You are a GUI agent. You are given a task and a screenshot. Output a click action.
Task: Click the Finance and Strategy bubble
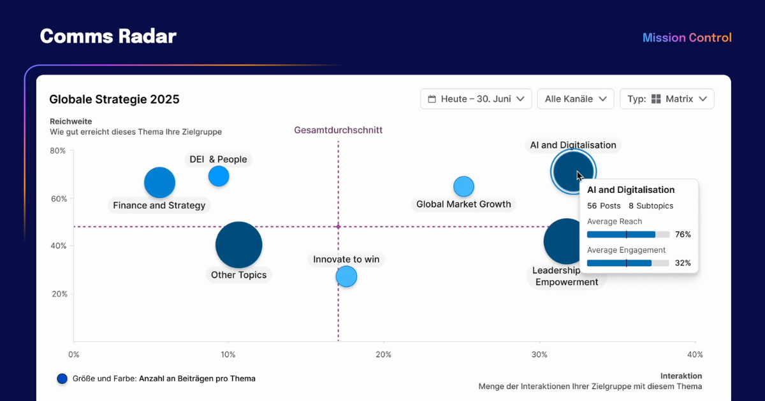pyautogui.click(x=159, y=183)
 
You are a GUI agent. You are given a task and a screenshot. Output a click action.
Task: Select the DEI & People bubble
pyautogui.click(x=219, y=176)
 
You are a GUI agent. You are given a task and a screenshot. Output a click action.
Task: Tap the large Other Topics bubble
pyautogui.click(x=238, y=245)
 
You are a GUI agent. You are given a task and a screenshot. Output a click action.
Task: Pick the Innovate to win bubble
pyautogui.click(x=346, y=276)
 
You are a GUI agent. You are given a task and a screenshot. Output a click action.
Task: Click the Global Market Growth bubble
pyautogui.click(x=463, y=186)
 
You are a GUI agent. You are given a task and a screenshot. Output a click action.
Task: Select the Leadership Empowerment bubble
pyautogui.click(x=561, y=241)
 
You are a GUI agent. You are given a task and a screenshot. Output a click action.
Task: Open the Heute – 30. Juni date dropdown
pyautogui.click(x=476, y=99)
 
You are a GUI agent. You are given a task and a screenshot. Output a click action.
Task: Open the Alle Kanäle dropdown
pyautogui.click(x=575, y=99)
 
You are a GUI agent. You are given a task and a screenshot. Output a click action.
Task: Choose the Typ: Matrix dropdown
pyautogui.click(x=667, y=99)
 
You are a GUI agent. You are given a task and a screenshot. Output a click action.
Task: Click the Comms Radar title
pyautogui.click(x=108, y=36)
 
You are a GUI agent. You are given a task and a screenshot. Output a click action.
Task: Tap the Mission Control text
pyautogui.click(x=687, y=38)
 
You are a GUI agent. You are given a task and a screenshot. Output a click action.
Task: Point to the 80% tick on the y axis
pyautogui.click(x=59, y=151)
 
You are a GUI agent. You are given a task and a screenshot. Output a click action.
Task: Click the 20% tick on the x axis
pyautogui.click(x=383, y=355)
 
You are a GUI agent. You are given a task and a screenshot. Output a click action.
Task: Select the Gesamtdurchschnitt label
pyautogui.click(x=338, y=130)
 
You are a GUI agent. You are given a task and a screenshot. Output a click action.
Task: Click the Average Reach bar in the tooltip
pyautogui.click(x=627, y=234)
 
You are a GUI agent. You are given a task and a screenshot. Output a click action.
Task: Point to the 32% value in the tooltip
pyautogui.click(x=683, y=263)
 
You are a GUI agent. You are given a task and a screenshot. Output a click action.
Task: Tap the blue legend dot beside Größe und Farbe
pyautogui.click(x=62, y=379)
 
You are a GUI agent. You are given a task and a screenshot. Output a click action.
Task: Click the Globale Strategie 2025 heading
pyautogui.click(x=114, y=99)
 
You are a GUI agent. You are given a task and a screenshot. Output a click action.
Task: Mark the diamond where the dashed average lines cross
pyautogui.click(x=338, y=227)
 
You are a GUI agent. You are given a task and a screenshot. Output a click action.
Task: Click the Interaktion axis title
pyautogui.click(x=681, y=376)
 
